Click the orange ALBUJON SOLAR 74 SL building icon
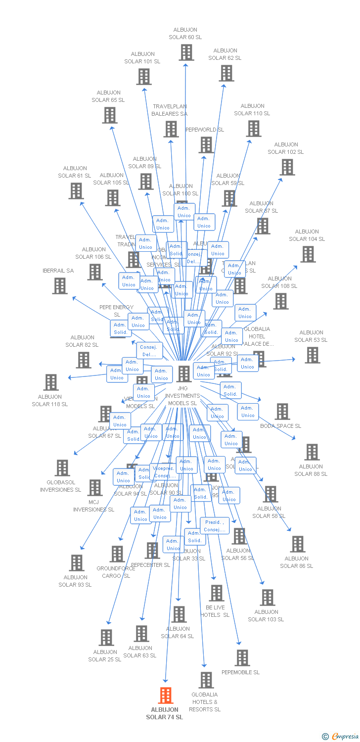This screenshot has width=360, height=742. click(x=166, y=695)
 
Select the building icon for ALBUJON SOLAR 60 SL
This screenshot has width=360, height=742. click(x=186, y=52)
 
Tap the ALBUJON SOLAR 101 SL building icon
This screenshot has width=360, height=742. click(x=144, y=76)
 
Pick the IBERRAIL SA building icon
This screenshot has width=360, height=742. click(x=59, y=285)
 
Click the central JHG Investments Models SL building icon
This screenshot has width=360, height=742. click(x=184, y=373)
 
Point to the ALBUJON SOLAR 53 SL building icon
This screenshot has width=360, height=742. click(x=312, y=355)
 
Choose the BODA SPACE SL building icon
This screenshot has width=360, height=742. click(x=282, y=411)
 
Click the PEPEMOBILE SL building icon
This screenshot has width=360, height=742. click(x=242, y=657)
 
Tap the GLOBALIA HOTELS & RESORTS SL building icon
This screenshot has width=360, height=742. click(x=206, y=680)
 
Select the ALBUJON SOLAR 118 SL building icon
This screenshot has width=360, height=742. click(x=50, y=382)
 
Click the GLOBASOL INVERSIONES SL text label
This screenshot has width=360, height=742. click(x=60, y=486)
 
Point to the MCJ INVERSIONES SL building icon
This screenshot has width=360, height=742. click(x=94, y=487)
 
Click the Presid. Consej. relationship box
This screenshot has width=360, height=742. click(x=215, y=526)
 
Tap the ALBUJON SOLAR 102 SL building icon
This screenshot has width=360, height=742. click(x=287, y=167)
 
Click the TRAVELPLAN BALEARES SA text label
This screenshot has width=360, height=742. click(x=170, y=110)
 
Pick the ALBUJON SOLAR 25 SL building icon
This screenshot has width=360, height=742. click(x=106, y=637)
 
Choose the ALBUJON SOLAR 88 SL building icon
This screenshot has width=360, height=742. click(x=312, y=452)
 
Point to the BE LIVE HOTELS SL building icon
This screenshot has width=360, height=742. click(x=216, y=592)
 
